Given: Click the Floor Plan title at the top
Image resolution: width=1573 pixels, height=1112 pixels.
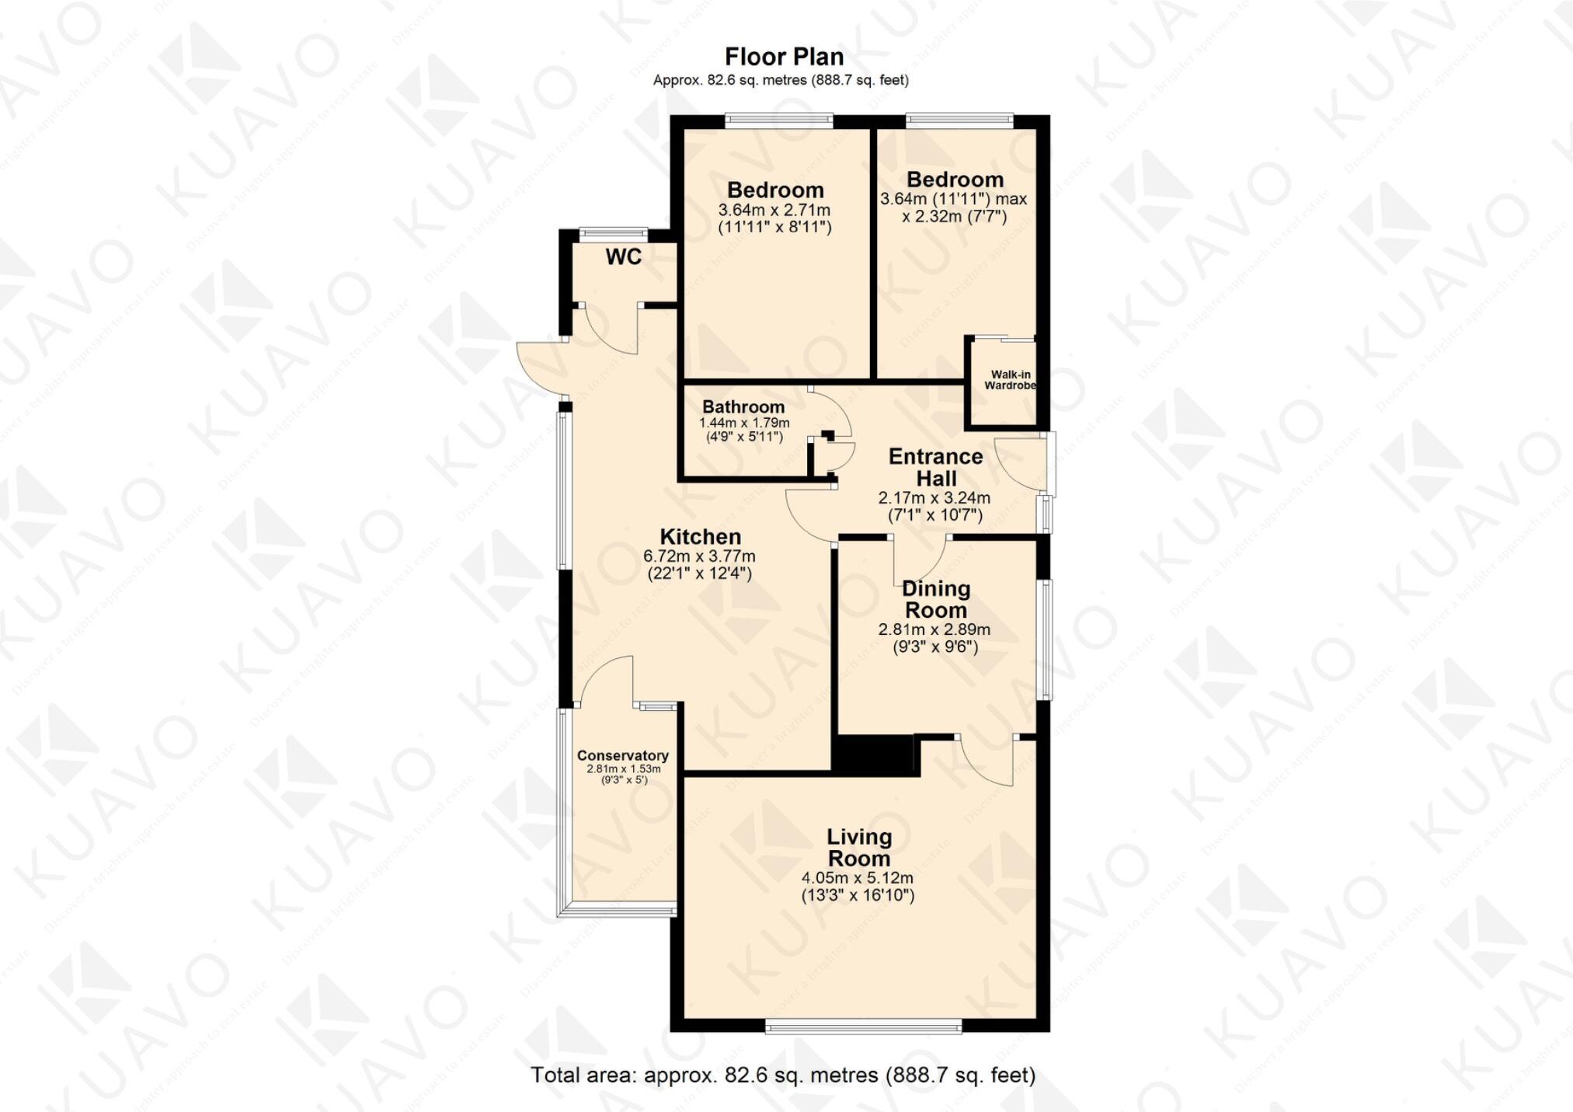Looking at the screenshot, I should pos(784,57).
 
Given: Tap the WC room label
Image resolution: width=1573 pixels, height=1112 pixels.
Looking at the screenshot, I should pos(624,257).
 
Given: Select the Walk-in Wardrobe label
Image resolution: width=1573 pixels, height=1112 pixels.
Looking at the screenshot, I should pos(1010,380).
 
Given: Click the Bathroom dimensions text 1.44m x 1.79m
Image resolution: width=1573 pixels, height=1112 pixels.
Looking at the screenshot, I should pos(744,423).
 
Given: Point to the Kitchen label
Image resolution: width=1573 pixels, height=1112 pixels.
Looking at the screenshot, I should pos(700,536).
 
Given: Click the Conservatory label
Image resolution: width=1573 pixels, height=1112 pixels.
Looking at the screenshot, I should pos(622,755).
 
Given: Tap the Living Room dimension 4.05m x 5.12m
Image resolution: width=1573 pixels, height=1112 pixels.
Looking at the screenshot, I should pos(858,878).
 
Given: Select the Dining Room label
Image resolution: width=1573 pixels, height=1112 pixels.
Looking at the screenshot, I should pos(936,599).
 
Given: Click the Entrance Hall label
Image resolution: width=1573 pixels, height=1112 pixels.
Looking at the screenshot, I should pos(935,467).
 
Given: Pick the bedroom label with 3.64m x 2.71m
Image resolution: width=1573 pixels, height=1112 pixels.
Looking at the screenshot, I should pos(775,190).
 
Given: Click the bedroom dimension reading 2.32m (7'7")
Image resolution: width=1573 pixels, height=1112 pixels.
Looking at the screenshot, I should pos(954,216).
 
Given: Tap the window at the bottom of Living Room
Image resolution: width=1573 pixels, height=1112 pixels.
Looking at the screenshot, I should pos(863,1027).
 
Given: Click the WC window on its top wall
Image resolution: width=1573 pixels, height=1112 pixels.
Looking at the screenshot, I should pos(614,231).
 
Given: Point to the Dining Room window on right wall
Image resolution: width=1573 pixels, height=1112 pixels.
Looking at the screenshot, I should pos(1046,640).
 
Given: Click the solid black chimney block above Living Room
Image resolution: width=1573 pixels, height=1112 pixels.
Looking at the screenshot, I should pos(875,755).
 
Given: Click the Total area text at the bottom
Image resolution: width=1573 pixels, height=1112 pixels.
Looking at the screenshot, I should pos(783,1075).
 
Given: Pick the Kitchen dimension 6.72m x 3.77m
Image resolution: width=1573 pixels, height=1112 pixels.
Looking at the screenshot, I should pos(699,556).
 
